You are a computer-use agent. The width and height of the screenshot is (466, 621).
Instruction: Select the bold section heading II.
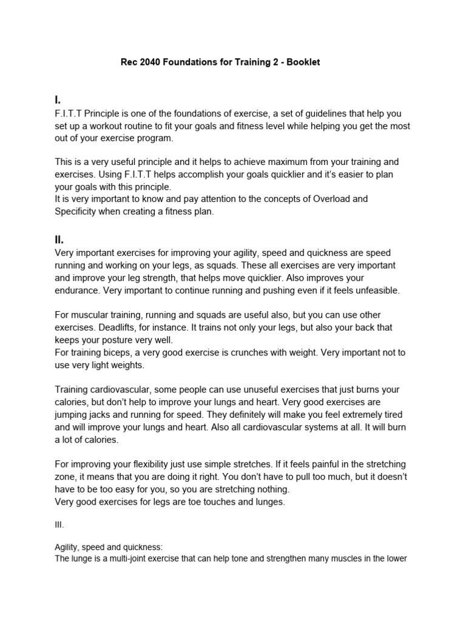59,240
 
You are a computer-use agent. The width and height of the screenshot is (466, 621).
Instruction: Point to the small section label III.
59,524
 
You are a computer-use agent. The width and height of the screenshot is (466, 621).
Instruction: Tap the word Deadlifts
118,327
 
